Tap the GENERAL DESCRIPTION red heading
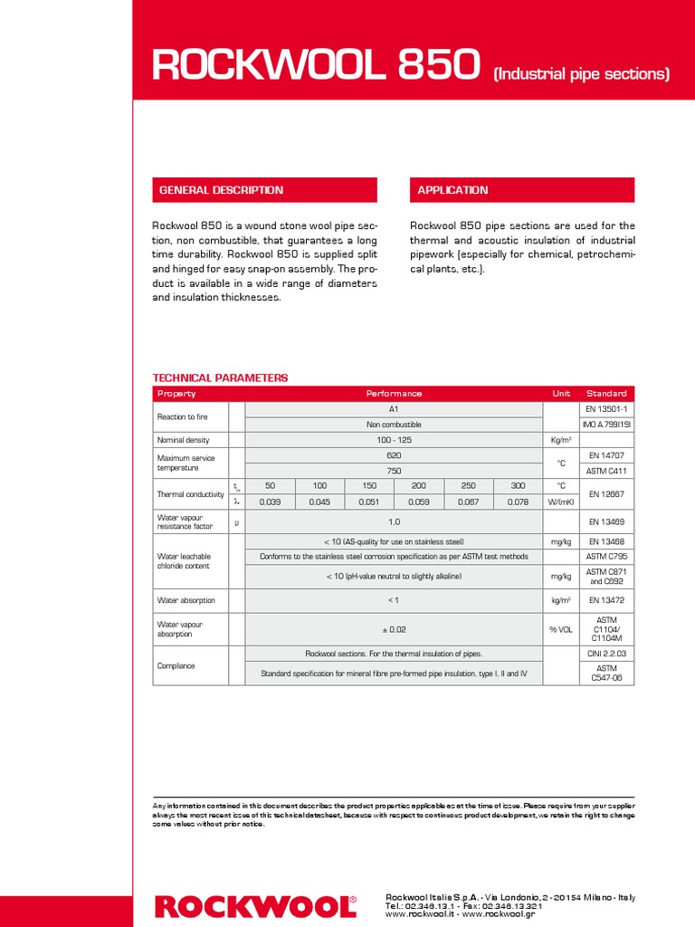click(x=221, y=190)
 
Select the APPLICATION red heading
click(x=452, y=190)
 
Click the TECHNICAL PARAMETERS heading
click(x=220, y=377)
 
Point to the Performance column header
click(x=394, y=394)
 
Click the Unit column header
click(x=561, y=394)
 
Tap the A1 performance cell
click(x=394, y=409)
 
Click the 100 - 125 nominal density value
click(x=394, y=440)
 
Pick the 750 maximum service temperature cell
click(x=394, y=471)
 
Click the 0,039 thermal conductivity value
click(x=270, y=502)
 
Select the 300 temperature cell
click(x=518, y=486)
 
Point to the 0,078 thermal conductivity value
click(x=518, y=502)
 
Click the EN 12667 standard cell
click(x=607, y=493)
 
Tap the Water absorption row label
click(x=187, y=599)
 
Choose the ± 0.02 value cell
click(x=394, y=628)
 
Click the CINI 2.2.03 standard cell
click(x=607, y=653)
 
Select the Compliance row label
click(x=176, y=665)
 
